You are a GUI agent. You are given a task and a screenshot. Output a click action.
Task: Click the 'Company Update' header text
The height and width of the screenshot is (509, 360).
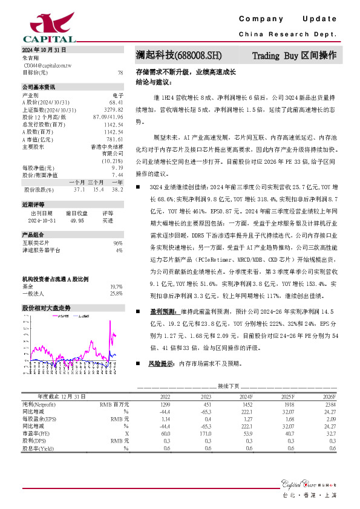[296, 19]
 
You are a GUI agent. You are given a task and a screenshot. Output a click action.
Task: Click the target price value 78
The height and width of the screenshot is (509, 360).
[120, 72]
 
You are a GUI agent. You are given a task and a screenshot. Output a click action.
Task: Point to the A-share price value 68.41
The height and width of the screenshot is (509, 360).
[117, 103]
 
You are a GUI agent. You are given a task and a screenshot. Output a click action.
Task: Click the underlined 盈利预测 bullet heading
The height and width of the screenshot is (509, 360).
[162, 311]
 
